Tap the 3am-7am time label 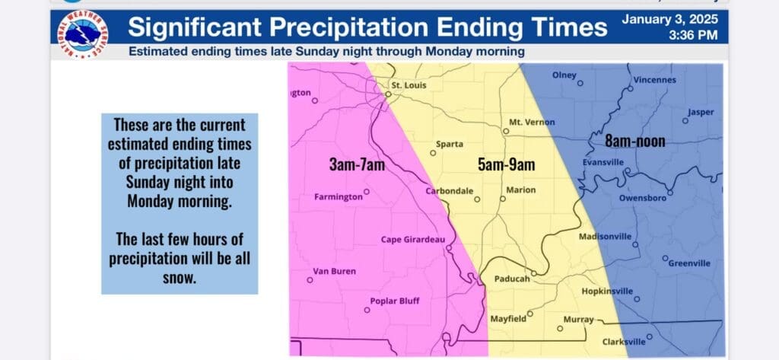pos(357,164)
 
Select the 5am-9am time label pos(506,164)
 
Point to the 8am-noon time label pos(634,142)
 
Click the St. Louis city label pos(409,85)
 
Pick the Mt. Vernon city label pos(532,123)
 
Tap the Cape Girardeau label pos(413,240)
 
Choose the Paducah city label pos(512,279)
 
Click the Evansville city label pos(603,162)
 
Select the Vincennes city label pos(655,80)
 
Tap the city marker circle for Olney pos(580,84)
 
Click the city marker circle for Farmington pos(366,192)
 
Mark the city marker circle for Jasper pos(685,121)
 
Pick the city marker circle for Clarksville pos(649,336)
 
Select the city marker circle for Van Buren pos(310,280)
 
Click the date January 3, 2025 pos(669,19)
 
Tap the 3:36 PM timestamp pos(693,35)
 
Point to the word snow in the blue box pos(180,279)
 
